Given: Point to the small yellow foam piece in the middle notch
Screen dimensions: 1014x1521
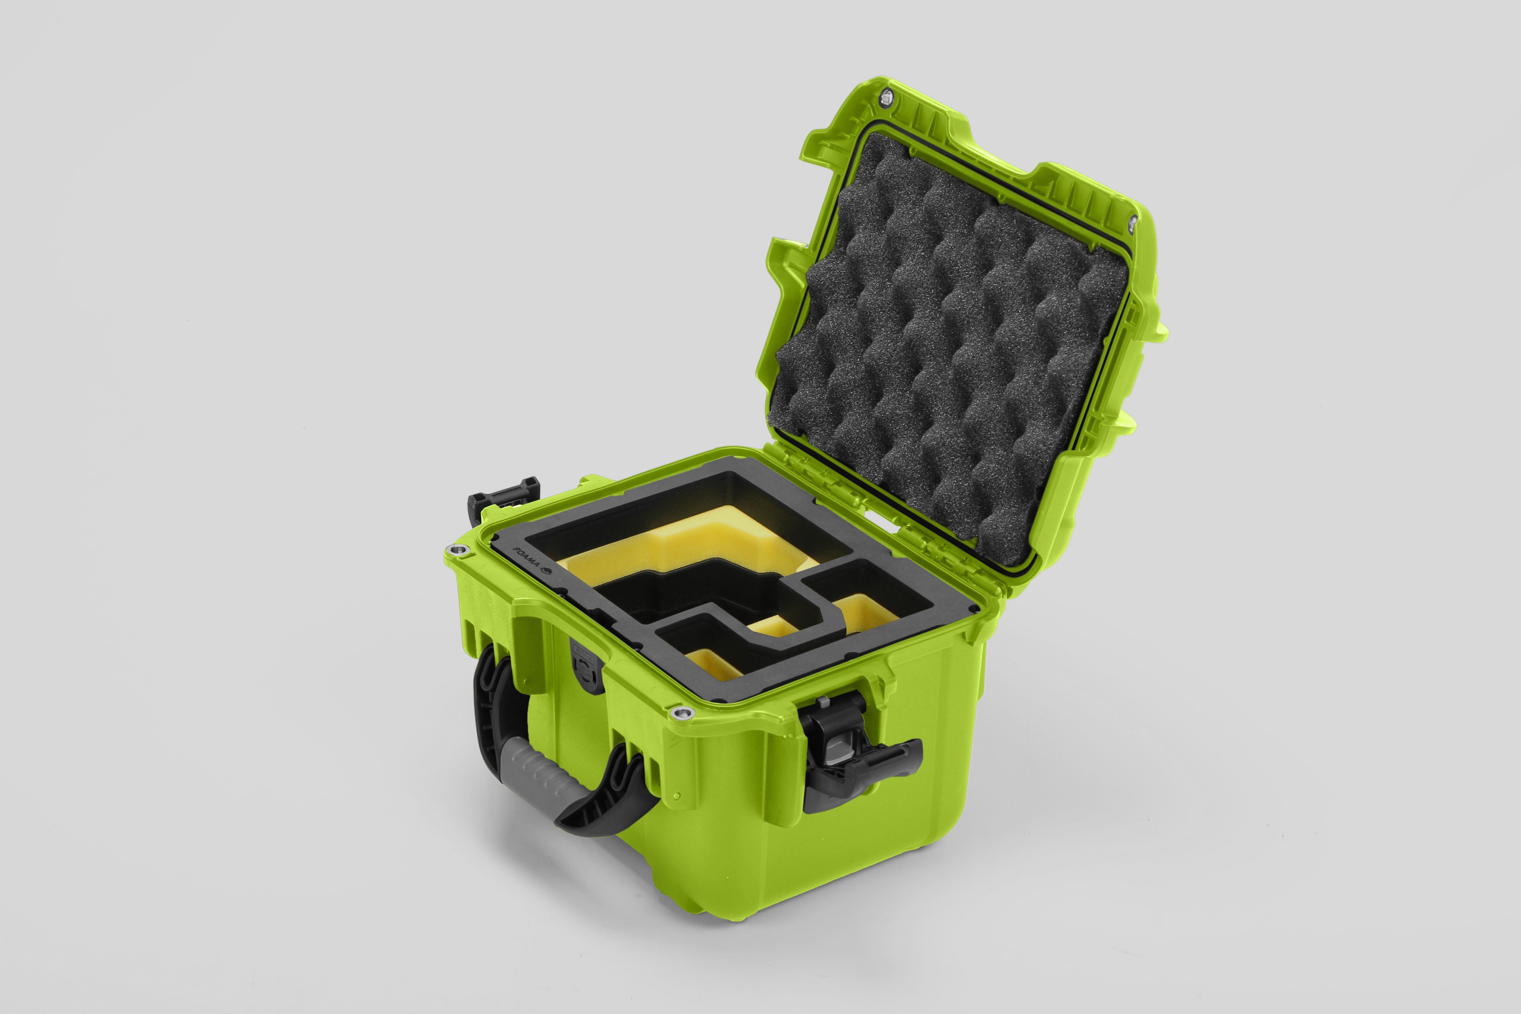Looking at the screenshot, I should (773, 627).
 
